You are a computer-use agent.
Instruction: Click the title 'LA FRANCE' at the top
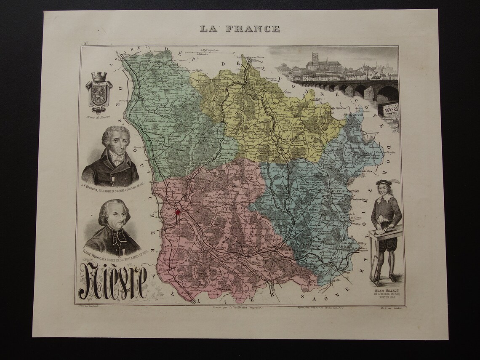240,29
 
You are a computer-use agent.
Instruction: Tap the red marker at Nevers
177,213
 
